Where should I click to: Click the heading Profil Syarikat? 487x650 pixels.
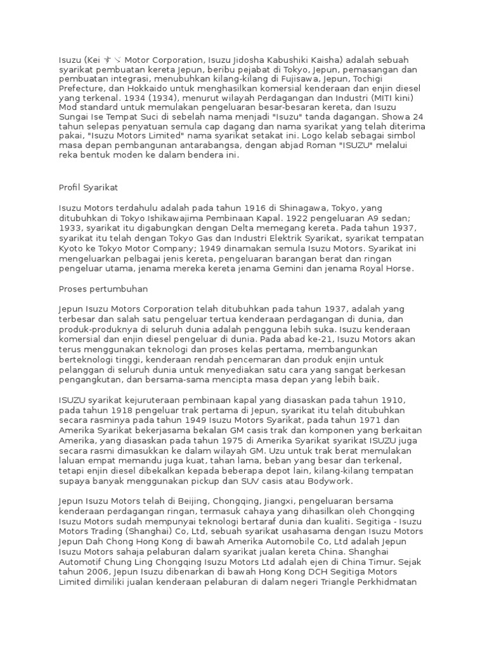89,189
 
